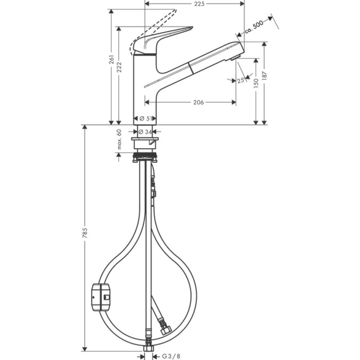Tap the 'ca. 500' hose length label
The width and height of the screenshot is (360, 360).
[x=254, y=26]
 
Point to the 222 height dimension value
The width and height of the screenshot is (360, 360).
[x=119, y=67]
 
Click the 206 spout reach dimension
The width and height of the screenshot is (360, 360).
[x=198, y=103]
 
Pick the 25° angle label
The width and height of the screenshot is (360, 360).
[x=241, y=81]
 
